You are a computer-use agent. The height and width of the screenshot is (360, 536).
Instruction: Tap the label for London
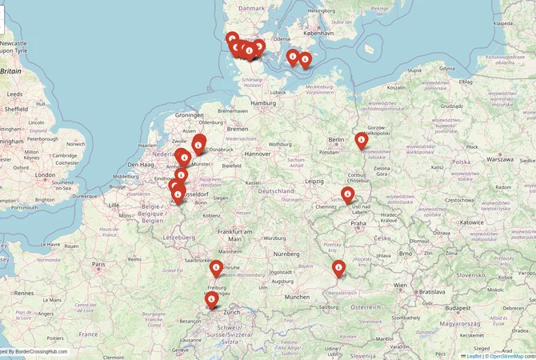pyautogui.click(x=46, y=174)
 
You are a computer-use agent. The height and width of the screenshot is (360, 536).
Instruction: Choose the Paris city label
pyautogui.click(x=98, y=264)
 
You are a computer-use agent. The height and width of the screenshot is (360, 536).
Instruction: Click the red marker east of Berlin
pyautogui.click(x=361, y=142)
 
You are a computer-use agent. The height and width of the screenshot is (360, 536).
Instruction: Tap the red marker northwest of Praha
pyautogui.click(x=348, y=194)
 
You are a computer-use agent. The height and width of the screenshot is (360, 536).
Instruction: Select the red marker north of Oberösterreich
pyautogui.click(x=338, y=269)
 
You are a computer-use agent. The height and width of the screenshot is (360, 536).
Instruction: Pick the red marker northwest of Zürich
pyautogui.click(x=211, y=301)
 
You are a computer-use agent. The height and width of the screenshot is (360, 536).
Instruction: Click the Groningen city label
pyautogui.click(x=190, y=114)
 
